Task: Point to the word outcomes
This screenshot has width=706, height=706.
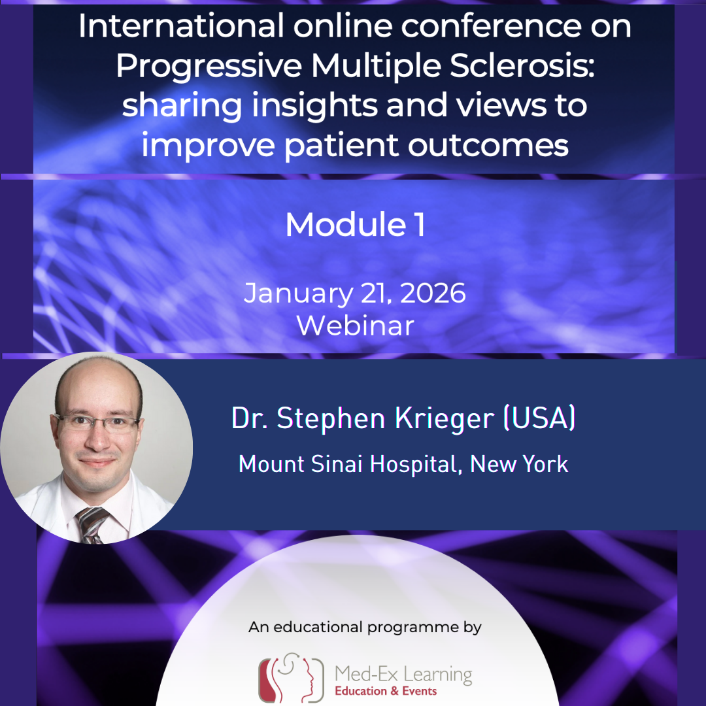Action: [x=489, y=145]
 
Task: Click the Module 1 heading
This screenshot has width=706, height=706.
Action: [x=355, y=224]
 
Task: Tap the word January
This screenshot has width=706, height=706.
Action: [x=294, y=294]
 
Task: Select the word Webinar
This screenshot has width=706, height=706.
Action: [x=355, y=326]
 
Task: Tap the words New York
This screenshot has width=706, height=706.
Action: [x=519, y=464]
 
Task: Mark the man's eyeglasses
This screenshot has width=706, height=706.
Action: [x=98, y=421]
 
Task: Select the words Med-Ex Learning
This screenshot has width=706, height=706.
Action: [x=403, y=673]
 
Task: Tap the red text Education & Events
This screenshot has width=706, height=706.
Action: [x=386, y=692]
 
